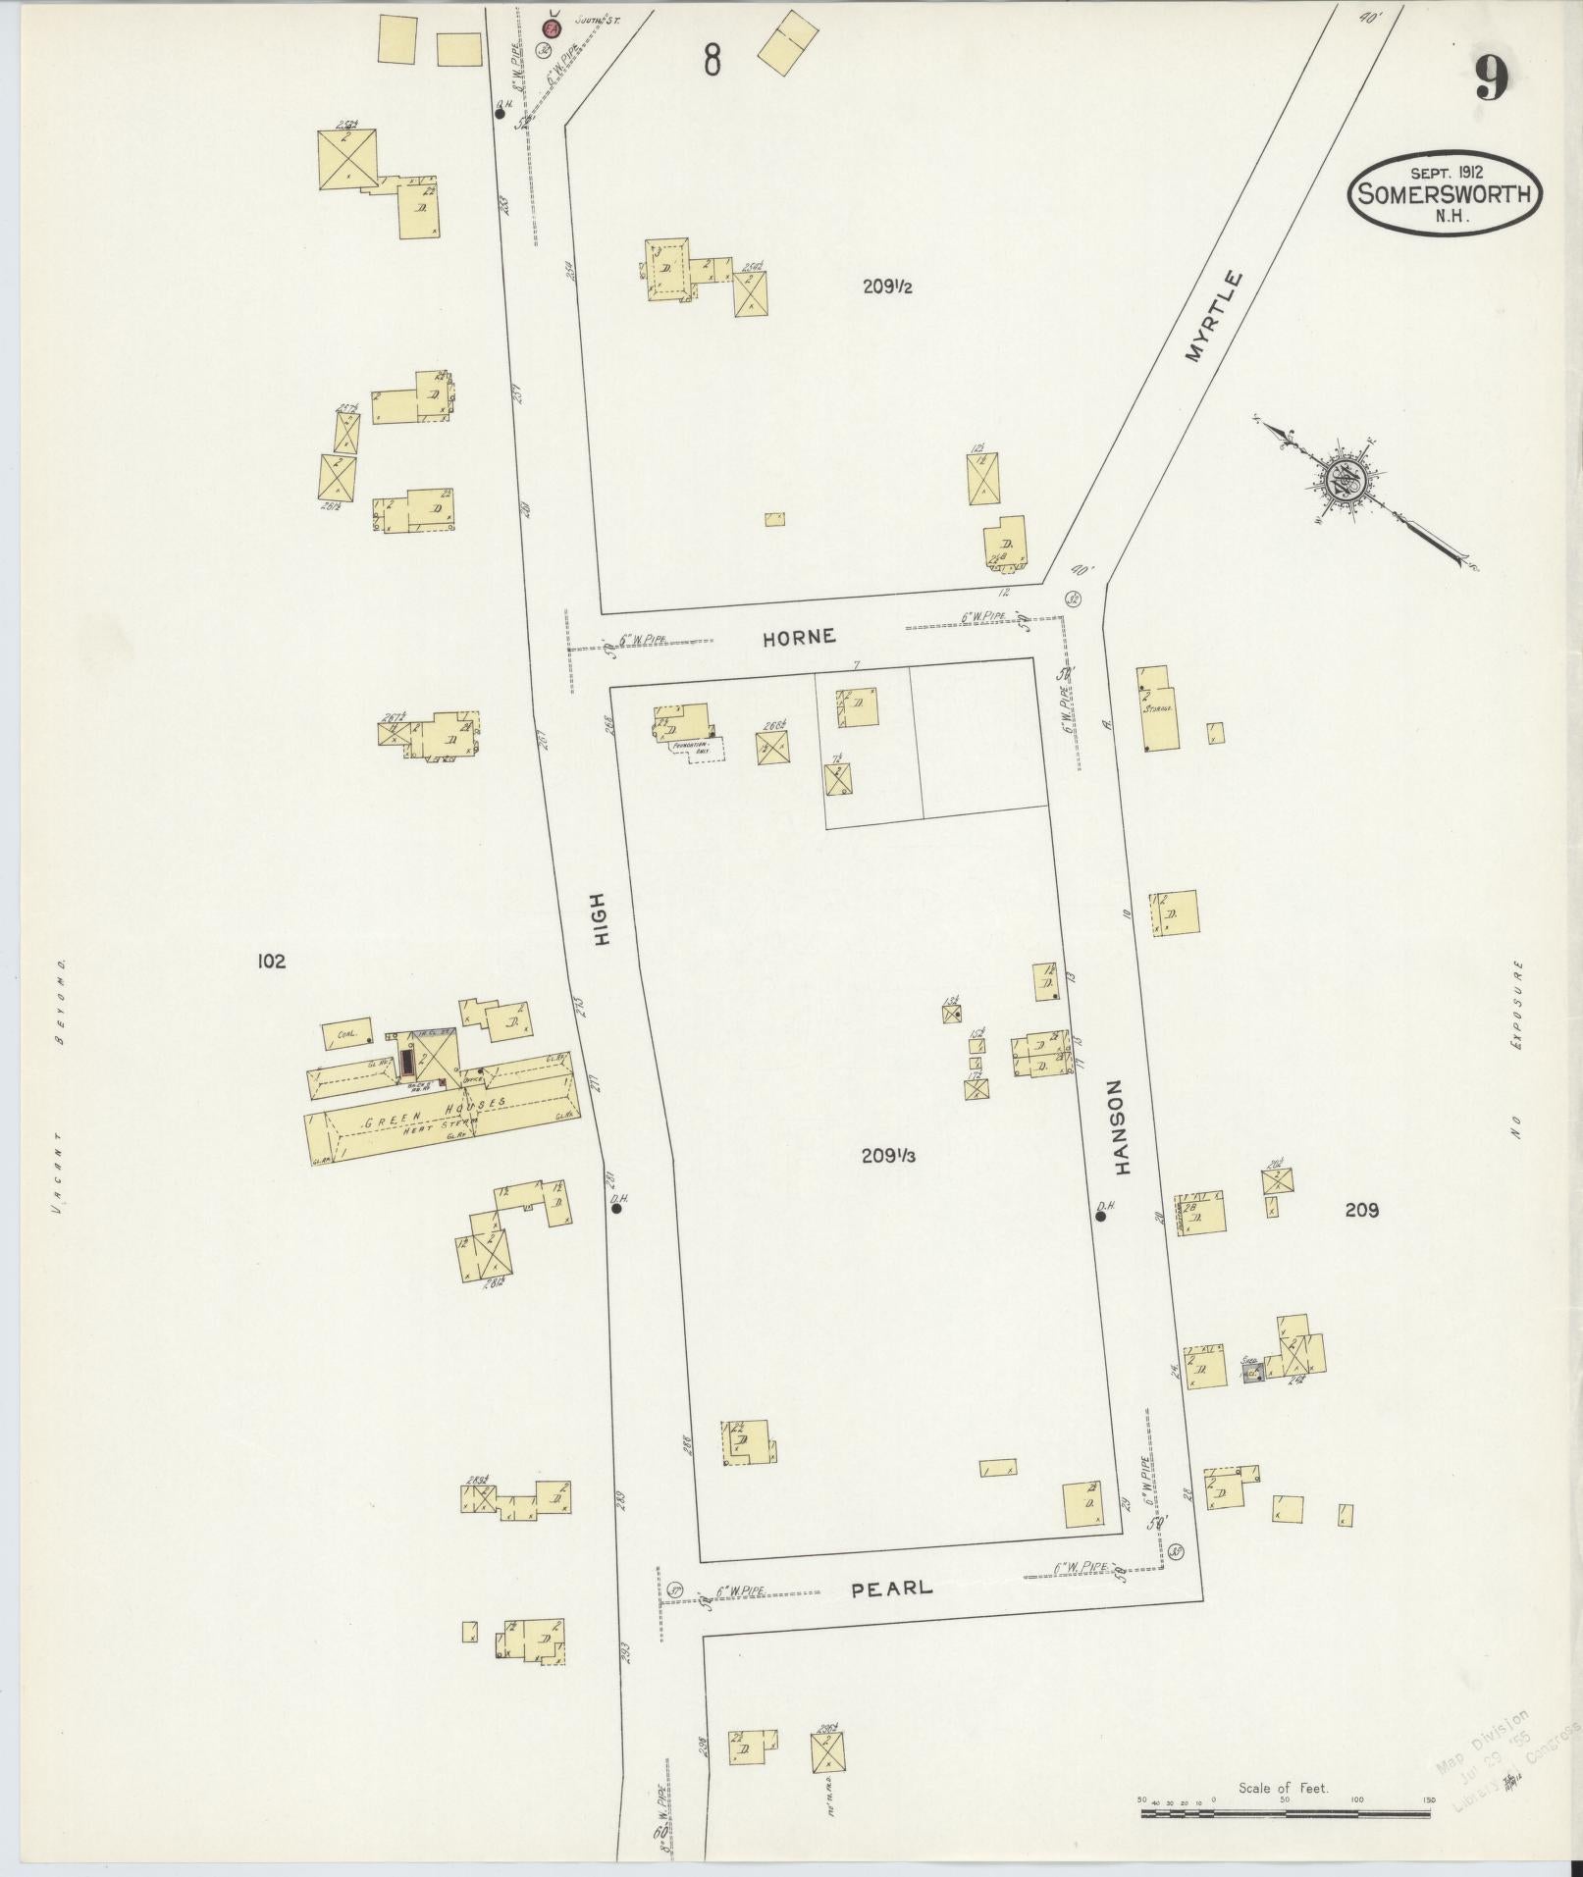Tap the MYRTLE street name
[x=1213, y=317]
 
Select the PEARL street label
[x=891, y=1588]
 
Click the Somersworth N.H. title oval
[x=1445, y=192]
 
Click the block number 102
[x=270, y=962]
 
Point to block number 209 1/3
[x=888, y=1156]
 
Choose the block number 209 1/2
[x=888, y=287]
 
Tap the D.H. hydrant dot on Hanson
[x=1101, y=1216]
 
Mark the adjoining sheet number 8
[x=712, y=61]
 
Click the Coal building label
[x=344, y=1033]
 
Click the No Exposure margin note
[x=1516, y=1050]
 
